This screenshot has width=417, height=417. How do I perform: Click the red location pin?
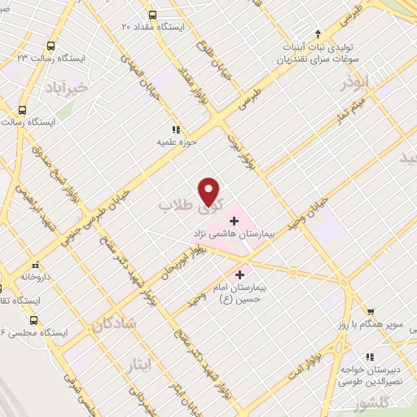[x=210, y=191]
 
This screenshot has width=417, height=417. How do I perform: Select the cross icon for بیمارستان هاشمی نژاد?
[x=234, y=220]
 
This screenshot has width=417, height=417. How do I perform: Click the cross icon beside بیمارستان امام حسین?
[x=239, y=275]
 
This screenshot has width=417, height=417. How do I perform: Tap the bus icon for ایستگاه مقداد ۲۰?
[x=151, y=14]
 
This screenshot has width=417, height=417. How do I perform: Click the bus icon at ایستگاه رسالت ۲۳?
[x=52, y=46]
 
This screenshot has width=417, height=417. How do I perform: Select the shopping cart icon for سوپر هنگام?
[x=371, y=312]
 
